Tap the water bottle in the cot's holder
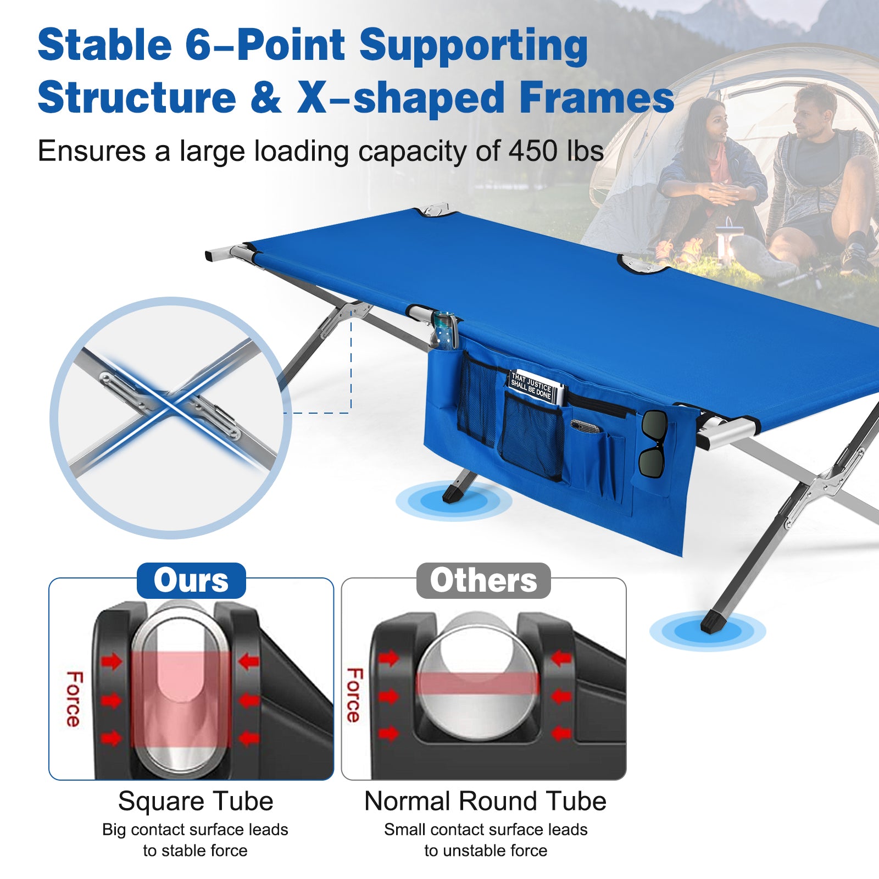tap(445, 331)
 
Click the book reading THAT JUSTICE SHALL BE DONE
tap(534, 386)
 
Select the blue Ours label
tap(191, 581)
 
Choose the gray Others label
tap(483, 581)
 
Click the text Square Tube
tap(196, 801)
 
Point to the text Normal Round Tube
tap(485, 801)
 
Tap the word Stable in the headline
tap(104, 45)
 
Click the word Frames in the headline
tap(596, 98)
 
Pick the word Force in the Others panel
tap(354, 695)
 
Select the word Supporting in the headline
tap(474, 45)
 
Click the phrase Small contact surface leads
tap(486, 830)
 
